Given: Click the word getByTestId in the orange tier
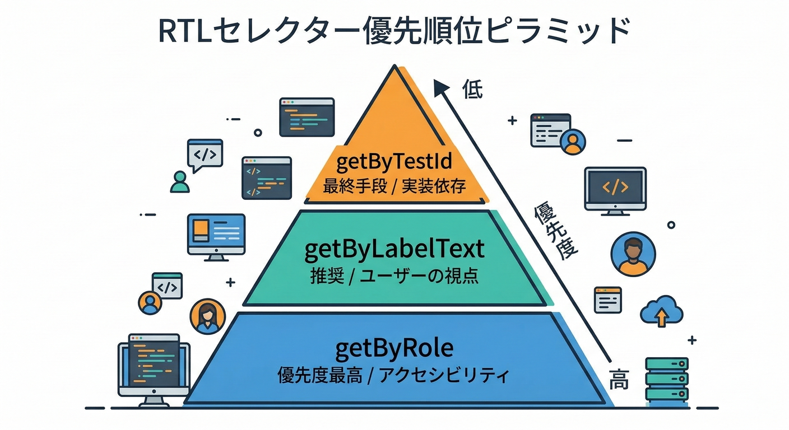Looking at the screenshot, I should coord(394,162).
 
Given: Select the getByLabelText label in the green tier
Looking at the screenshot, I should coord(394,250).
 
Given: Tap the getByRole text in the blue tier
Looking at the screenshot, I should coord(394,349).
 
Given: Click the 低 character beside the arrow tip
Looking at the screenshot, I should coord(472,90).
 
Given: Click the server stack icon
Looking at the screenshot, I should coord(666,379).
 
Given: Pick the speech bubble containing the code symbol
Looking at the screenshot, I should coord(205,154).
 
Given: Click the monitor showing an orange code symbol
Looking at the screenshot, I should coord(615,189).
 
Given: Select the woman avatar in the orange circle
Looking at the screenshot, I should coord(207,317).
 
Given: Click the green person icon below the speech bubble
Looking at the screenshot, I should coord(180,181).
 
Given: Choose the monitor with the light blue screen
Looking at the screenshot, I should coord(216,235).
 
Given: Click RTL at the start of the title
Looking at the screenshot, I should coord(183,32).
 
